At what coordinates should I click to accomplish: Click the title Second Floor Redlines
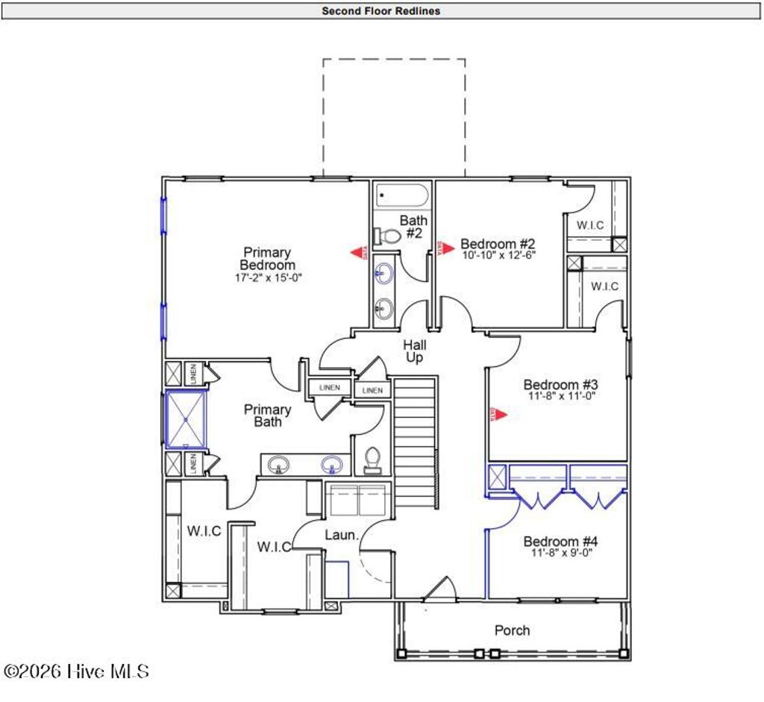click(381, 10)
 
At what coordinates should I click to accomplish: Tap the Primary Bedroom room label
click(267, 258)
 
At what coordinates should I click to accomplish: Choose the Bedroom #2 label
click(498, 243)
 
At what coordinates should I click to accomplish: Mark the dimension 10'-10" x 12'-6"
click(498, 255)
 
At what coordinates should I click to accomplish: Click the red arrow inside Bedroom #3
click(498, 414)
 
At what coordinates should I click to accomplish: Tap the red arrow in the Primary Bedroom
click(360, 254)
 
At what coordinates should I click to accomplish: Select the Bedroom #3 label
click(560, 384)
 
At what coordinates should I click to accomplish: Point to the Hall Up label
click(414, 351)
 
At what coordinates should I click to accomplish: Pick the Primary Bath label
click(267, 415)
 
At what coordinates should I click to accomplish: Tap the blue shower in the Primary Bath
click(186, 420)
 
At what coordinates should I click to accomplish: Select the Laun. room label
click(342, 535)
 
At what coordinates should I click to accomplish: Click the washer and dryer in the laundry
click(358, 500)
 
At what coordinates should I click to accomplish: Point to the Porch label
click(512, 630)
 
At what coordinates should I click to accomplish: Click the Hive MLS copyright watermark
click(76, 671)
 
